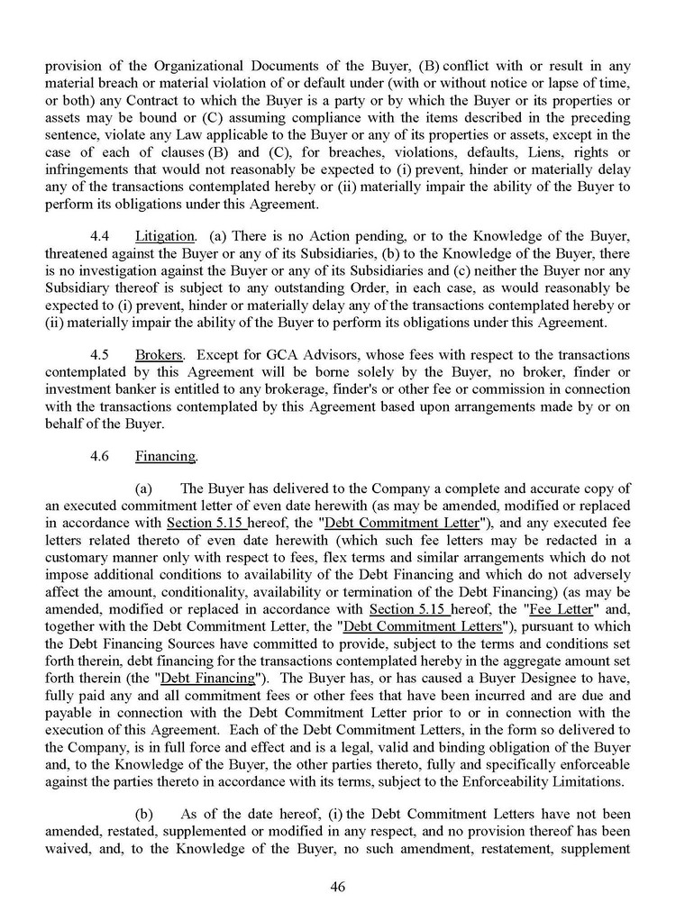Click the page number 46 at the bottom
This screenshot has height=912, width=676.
(338, 886)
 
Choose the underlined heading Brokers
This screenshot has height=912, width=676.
(158, 356)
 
